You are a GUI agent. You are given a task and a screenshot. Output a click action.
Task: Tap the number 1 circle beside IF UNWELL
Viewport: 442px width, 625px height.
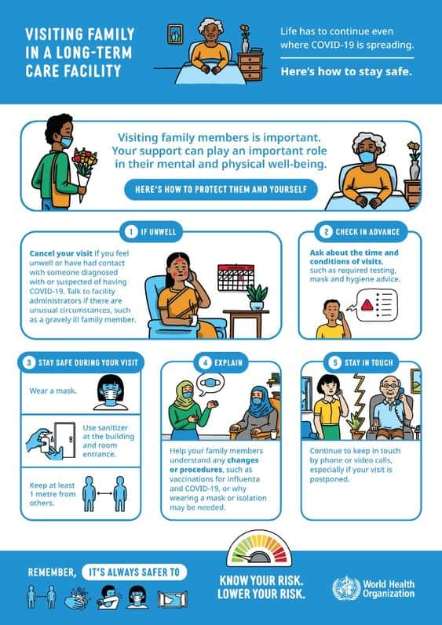click(131, 231)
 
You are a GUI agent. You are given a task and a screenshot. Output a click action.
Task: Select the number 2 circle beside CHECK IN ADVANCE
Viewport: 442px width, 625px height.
click(326, 232)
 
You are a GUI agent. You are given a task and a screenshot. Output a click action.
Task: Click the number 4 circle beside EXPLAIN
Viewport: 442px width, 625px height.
click(205, 362)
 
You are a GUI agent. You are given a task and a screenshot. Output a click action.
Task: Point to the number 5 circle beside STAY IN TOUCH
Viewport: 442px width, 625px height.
click(335, 362)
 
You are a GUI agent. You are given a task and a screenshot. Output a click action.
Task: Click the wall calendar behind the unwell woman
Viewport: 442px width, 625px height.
click(236, 277)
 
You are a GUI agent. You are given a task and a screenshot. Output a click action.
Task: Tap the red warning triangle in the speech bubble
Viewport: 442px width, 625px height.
click(367, 305)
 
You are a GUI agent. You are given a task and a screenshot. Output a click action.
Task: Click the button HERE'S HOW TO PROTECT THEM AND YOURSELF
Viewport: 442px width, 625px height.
click(221, 189)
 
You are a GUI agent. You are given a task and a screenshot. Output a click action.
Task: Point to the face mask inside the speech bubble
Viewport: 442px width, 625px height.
click(210, 383)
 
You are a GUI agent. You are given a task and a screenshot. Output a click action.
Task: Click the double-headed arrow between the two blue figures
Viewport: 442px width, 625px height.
click(104, 493)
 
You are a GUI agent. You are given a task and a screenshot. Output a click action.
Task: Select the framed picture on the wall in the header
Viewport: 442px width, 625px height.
click(175, 35)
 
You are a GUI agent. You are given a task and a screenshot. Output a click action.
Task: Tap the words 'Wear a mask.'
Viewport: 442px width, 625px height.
click(53, 391)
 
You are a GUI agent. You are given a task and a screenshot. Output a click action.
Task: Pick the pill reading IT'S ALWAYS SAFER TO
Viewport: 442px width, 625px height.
click(134, 572)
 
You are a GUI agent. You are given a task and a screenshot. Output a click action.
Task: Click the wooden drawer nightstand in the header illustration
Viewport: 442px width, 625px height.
click(251, 66)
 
